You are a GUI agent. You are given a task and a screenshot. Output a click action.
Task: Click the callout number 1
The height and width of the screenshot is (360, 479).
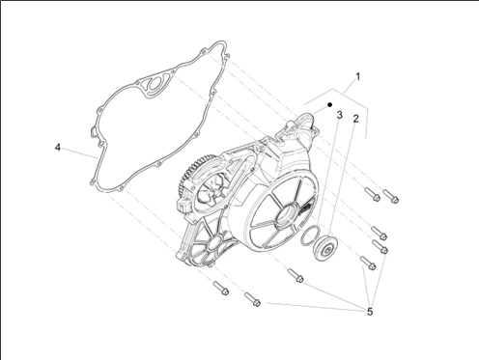pyautogui.click(x=357, y=77)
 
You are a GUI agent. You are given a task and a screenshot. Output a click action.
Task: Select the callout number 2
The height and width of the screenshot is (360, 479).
pyautogui.click(x=355, y=119)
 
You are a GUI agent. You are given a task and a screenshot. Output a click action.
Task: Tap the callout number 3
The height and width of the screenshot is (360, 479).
pyautogui.click(x=339, y=115)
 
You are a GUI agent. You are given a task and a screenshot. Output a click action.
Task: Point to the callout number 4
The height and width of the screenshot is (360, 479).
pyautogui.click(x=58, y=148)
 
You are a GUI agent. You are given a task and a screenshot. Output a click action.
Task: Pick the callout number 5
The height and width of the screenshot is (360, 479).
pyautogui.click(x=370, y=312)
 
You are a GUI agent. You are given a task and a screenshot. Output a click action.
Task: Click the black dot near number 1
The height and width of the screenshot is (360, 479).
pyautogui.click(x=329, y=105)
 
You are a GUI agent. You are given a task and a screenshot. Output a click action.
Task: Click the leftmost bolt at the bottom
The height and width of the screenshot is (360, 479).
pyautogui.click(x=221, y=288)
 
